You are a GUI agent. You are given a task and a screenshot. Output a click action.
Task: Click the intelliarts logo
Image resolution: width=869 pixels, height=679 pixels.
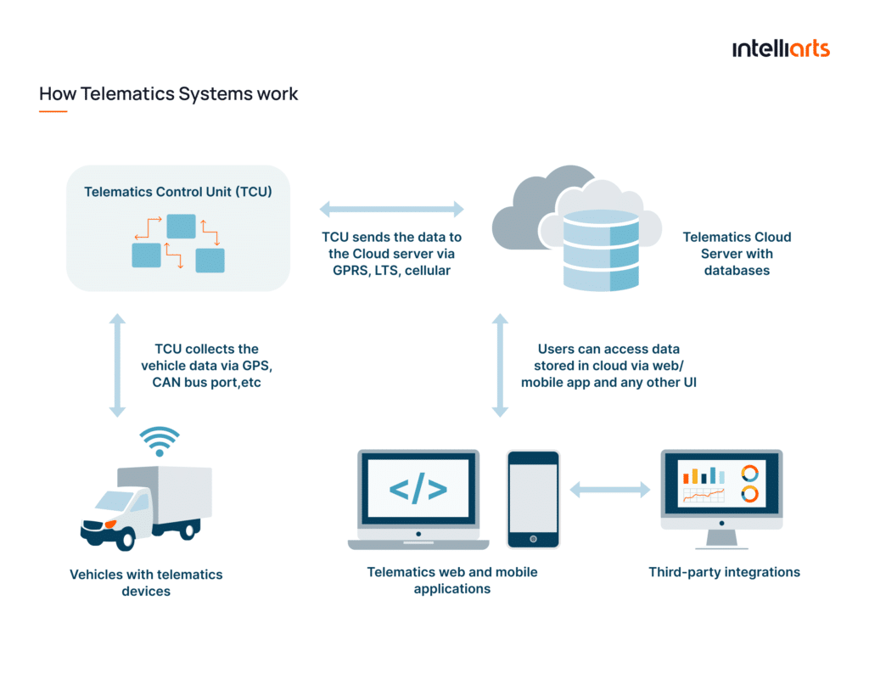(780, 48)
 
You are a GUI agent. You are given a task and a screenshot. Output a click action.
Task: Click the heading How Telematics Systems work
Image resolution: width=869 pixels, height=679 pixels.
(169, 93)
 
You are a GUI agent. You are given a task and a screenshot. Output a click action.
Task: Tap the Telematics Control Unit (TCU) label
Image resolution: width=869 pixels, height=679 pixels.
(178, 192)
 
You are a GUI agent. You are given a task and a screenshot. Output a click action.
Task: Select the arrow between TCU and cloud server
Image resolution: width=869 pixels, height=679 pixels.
(391, 209)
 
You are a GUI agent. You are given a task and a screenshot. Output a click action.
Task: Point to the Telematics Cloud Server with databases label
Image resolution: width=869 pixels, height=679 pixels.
(737, 254)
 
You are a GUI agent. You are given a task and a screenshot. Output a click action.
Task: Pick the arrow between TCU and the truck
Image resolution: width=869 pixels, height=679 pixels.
(117, 366)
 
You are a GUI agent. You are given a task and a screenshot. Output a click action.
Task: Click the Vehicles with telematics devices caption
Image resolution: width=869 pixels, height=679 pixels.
(146, 582)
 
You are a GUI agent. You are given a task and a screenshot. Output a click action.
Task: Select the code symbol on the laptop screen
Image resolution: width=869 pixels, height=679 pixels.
(418, 490)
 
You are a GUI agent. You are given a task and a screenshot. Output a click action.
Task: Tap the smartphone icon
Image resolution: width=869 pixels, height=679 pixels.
(533, 499)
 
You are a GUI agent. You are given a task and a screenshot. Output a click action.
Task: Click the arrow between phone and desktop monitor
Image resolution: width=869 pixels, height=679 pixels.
(609, 490)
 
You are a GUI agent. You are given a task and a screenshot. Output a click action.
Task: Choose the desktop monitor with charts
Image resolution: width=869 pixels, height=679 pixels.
(721, 492)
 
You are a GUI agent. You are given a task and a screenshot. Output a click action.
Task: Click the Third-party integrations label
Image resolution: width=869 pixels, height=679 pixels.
(724, 572)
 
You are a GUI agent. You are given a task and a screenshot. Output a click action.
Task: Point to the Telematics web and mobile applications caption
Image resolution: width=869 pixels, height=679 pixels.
(451, 581)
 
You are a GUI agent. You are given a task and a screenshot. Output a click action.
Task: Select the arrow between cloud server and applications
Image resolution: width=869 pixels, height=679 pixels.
(500, 366)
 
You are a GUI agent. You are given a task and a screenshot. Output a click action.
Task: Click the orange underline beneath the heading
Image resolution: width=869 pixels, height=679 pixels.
(53, 111)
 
